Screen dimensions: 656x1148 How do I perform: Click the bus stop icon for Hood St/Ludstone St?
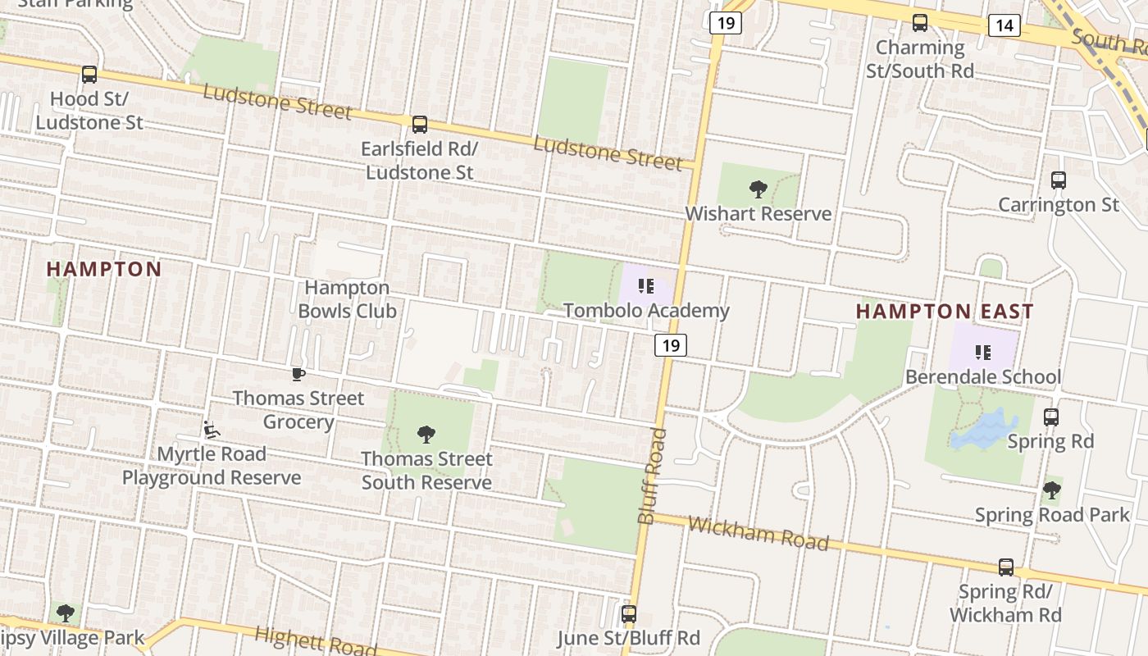89,75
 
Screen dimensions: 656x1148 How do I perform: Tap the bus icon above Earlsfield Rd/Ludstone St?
420,125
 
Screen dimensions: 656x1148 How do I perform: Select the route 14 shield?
1004,25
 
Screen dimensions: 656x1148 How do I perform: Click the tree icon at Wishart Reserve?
758,189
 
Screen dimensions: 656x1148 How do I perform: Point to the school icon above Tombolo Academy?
646,286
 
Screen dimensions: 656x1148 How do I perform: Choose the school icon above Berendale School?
982,353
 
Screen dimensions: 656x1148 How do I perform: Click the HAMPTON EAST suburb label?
945,312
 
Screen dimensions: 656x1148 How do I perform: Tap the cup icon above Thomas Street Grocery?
298,375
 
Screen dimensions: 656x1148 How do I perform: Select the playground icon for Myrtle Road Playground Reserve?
212,430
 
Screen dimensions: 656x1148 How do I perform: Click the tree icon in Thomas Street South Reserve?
426,434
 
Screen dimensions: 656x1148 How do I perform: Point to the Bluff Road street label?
651,476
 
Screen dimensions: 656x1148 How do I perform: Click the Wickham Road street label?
758,534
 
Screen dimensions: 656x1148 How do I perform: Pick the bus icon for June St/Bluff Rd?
629,613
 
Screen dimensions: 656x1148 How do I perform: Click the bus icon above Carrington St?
1059,180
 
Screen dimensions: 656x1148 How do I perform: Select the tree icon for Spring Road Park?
1052,490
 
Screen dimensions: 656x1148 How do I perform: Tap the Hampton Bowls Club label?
348,299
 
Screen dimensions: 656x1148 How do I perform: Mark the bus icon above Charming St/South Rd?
920,23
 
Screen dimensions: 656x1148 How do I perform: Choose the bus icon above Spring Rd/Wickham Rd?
1006,567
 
